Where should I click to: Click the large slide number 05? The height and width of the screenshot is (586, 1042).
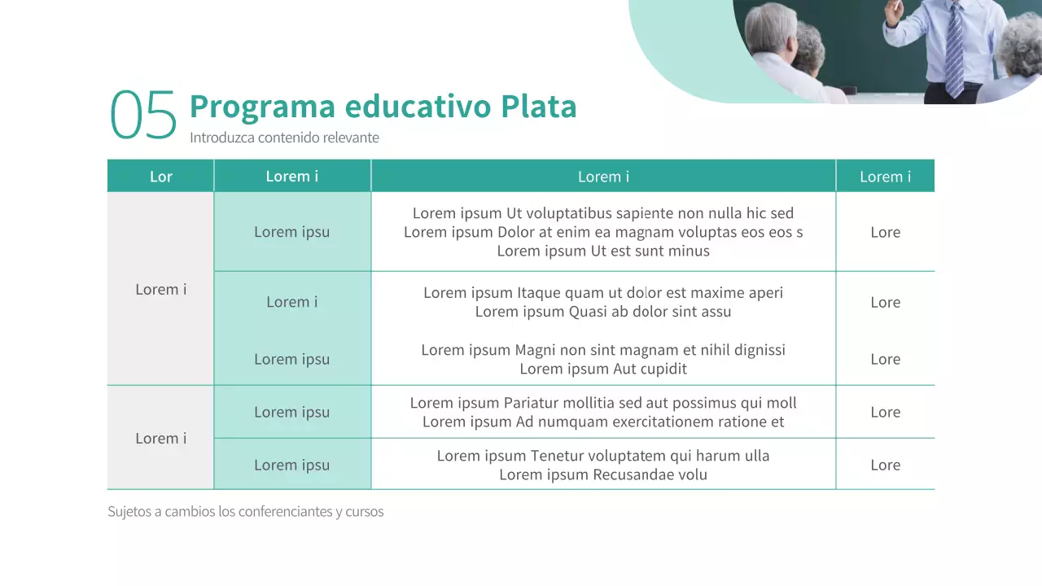143,115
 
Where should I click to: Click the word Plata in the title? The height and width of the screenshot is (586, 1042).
538,107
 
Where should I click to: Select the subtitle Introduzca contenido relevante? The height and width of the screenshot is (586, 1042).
284,138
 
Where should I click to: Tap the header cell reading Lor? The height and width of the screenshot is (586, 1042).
161,177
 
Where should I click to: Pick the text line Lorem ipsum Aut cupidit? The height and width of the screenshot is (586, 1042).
603,369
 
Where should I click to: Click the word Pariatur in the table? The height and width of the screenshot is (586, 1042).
537,403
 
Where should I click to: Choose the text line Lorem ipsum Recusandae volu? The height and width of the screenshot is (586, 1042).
603,474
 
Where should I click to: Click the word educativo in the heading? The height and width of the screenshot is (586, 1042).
418,107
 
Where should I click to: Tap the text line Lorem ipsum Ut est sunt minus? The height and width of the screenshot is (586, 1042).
603,251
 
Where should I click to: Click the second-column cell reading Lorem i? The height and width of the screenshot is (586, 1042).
292,302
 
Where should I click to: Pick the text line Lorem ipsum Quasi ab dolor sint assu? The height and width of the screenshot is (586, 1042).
603,312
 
